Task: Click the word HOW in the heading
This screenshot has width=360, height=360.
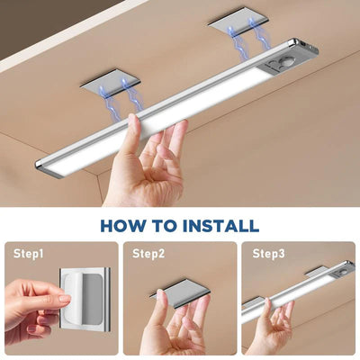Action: point(125,225)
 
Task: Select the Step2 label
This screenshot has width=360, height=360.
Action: point(148,255)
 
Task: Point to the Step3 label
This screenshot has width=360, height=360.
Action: point(267,255)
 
